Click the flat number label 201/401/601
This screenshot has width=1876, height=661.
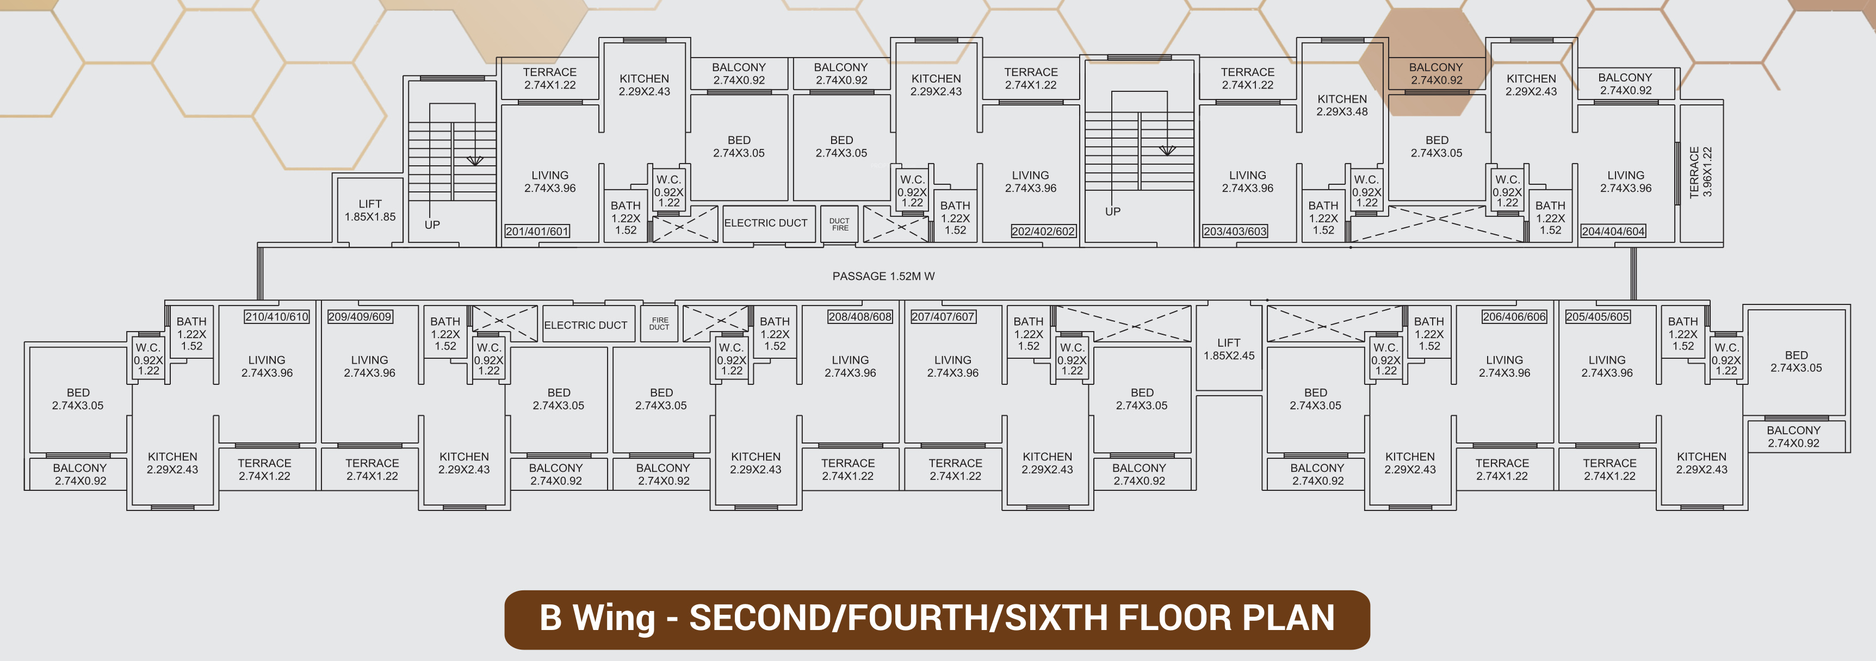(537, 232)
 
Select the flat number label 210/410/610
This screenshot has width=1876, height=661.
(277, 317)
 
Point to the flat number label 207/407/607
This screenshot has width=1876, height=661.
(943, 317)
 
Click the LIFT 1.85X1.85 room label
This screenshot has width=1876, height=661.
(370, 210)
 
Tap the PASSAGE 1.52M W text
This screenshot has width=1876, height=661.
(883, 277)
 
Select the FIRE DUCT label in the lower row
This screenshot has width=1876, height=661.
(660, 324)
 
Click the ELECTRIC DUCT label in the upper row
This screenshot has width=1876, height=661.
(765, 223)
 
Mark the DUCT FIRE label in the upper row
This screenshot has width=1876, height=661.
(840, 224)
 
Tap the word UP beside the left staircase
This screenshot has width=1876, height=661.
(432, 225)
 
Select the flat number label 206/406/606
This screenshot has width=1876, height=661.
(1515, 317)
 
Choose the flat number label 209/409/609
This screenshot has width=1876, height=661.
(360, 317)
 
